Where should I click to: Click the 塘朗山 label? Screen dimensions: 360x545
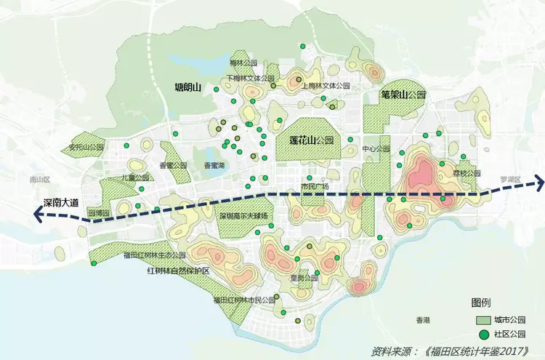click(x=187, y=88)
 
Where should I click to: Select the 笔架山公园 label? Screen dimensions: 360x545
click(x=403, y=95)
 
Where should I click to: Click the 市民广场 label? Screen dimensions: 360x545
click(x=315, y=186)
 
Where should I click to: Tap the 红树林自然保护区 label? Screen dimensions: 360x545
click(x=178, y=271)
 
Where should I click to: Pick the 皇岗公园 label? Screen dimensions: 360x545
click(x=304, y=278)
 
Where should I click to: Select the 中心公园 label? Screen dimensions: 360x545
click(x=376, y=149)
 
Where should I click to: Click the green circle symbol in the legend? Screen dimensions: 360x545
click(x=480, y=335)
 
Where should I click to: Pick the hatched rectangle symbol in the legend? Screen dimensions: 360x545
click(x=480, y=320)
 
